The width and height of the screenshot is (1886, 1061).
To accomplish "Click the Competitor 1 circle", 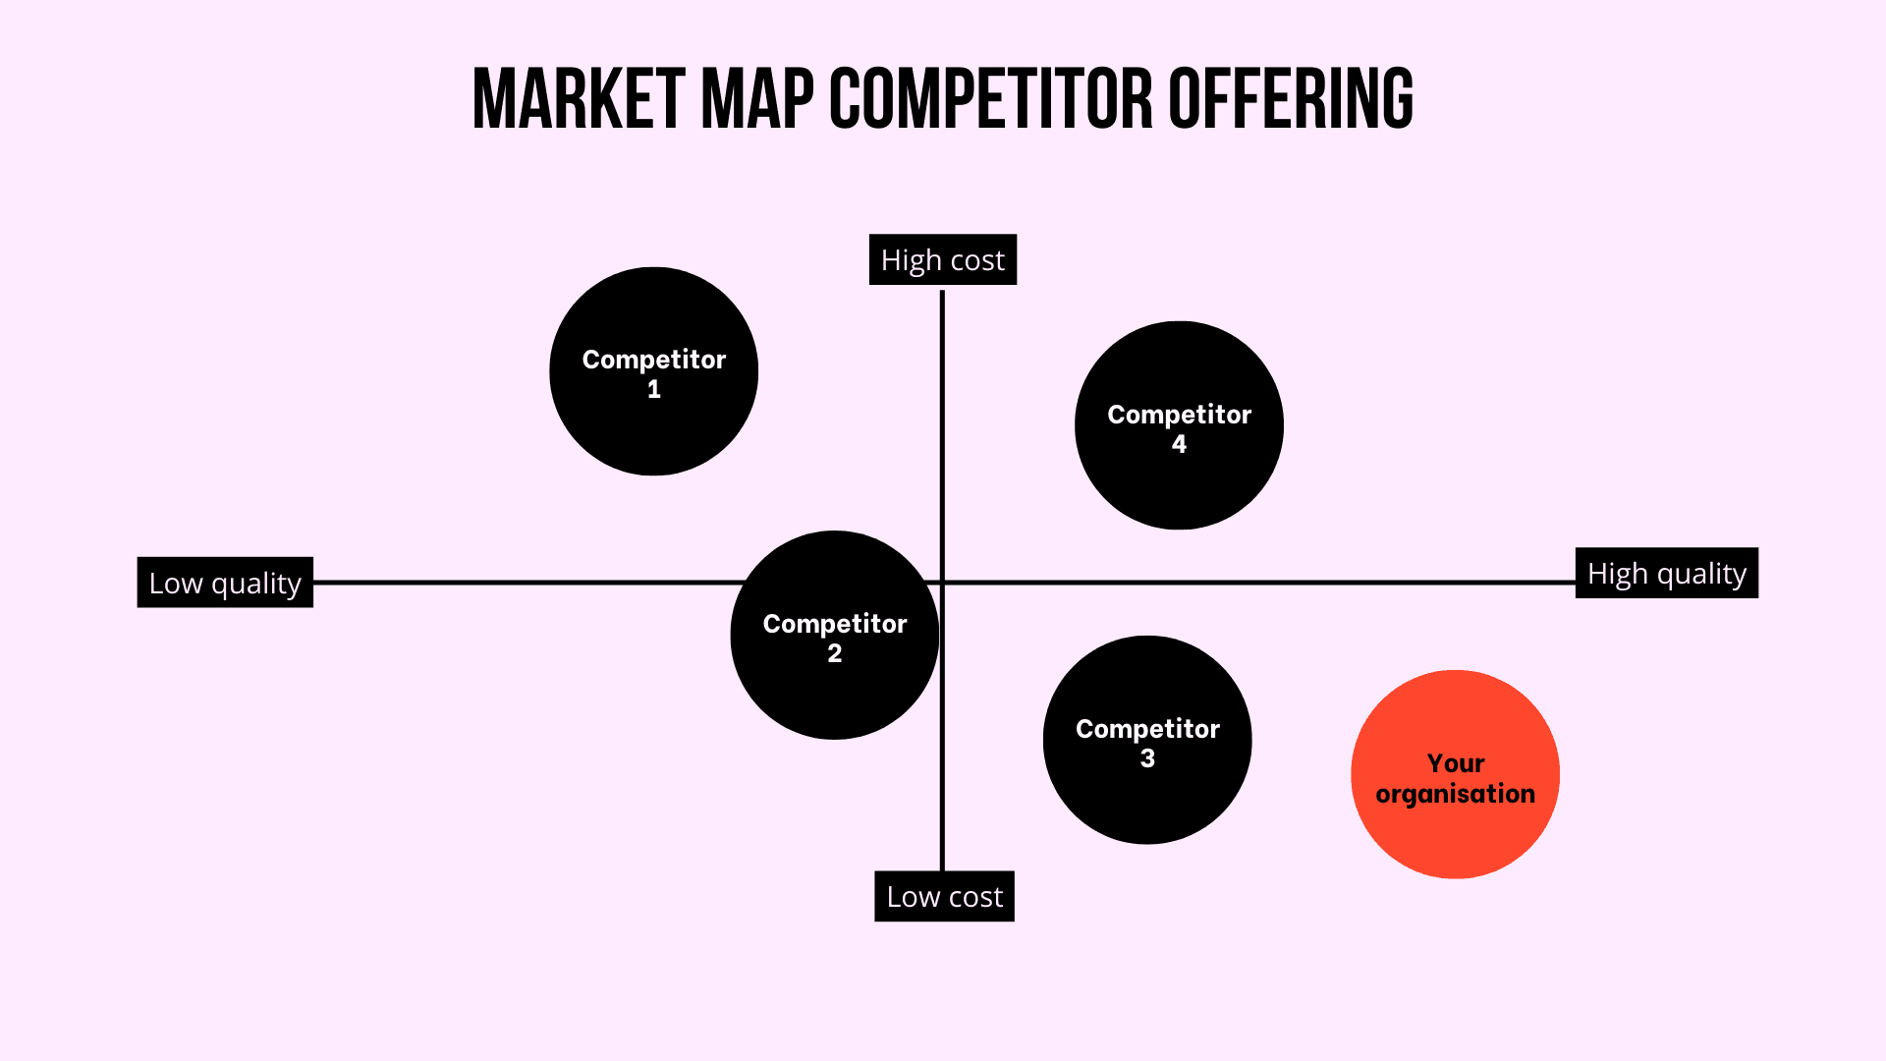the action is click(x=653, y=371).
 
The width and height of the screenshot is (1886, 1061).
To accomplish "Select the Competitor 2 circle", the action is click(x=835, y=635).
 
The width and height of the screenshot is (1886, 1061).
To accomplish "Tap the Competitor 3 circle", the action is click(x=1147, y=740).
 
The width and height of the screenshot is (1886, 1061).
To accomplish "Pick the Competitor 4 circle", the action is click(x=1179, y=425).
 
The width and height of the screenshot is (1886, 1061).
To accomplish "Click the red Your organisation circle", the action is click(x=1455, y=774).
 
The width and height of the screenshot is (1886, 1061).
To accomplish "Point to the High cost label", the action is click(x=943, y=259).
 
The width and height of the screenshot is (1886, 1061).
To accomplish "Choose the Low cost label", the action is click(x=944, y=896).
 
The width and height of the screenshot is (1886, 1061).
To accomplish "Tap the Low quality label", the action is click(x=225, y=583).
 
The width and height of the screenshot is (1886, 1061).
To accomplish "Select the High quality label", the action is click(x=1667, y=573).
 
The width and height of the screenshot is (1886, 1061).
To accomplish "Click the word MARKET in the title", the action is click(x=579, y=99).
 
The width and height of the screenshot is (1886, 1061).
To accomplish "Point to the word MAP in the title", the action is click(x=757, y=99).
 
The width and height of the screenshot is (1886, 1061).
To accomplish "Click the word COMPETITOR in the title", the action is click(x=991, y=99).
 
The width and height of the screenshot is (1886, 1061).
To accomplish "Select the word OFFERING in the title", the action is click(x=1291, y=99).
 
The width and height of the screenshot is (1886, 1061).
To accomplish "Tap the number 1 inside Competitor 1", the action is click(x=654, y=389).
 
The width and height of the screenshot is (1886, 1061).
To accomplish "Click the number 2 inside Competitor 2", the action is click(x=835, y=653).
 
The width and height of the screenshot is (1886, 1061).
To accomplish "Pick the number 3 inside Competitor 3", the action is click(x=1147, y=758).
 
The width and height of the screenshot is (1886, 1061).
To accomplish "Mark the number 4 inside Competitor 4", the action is click(x=1179, y=444).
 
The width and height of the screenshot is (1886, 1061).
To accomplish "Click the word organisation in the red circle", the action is click(x=1455, y=794).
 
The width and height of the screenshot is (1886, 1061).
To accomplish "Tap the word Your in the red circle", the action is click(x=1456, y=763).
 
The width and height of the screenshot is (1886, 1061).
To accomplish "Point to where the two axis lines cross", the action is click(x=942, y=583).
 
